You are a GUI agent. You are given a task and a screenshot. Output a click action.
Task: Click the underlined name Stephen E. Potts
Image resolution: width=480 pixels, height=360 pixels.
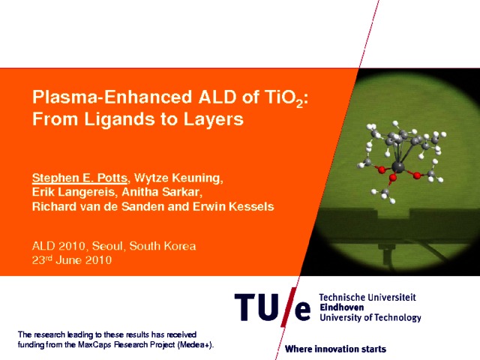(x=79, y=178)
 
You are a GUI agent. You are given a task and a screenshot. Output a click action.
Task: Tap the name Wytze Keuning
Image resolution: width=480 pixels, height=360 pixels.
(x=178, y=178)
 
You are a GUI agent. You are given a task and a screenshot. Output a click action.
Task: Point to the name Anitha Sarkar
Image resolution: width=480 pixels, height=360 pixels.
(x=161, y=192)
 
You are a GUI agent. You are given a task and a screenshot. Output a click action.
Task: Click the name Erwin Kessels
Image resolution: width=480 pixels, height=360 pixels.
(x=233, y=206)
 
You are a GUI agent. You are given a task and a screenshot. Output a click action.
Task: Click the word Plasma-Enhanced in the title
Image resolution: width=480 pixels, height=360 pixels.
(x=112, y=97)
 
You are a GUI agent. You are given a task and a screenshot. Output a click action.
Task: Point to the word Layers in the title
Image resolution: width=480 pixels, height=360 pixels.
(x=213, y=119)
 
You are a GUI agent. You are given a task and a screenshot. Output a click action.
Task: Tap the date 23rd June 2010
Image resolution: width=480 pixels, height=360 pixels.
(x=72, y=260)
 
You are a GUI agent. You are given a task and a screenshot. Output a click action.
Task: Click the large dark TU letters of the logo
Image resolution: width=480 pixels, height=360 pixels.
(x=256, y=307)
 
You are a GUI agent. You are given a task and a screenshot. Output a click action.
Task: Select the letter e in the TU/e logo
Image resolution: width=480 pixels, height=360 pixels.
(x=303, y=311)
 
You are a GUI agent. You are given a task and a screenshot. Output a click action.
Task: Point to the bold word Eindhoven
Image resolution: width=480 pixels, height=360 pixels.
(x=342, y=307)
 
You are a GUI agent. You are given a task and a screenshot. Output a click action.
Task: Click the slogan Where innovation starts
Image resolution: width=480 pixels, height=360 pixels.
(x=335, y=349)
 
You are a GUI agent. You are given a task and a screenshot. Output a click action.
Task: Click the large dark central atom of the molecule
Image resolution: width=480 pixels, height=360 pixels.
(x=398, y=166)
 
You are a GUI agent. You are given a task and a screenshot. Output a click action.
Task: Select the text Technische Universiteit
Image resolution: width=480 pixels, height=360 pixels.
(x=367, y=297)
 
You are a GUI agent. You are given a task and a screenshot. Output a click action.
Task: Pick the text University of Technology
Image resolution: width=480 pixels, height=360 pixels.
(x=370, y=317)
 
